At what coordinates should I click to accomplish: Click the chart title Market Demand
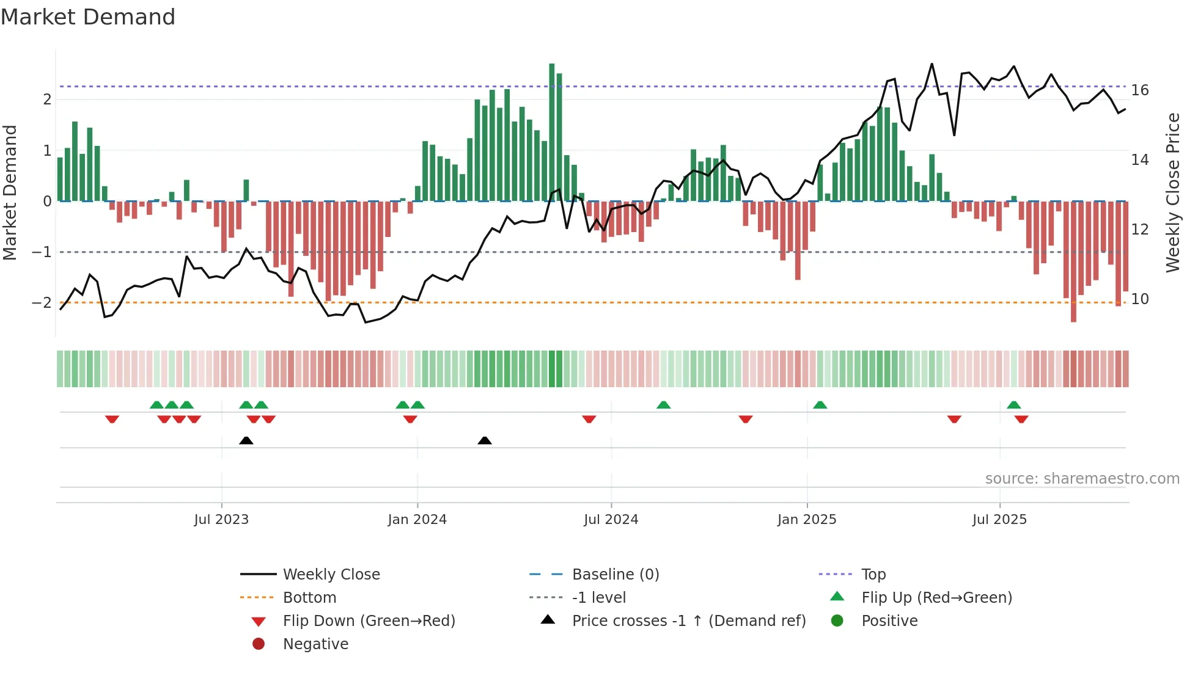pyautogui.click(x=88, y=17)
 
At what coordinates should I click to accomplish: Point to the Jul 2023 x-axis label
pyautogui.click(x=221, y=520)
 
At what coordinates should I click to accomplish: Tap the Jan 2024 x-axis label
pyautogui.click(x=417, y=520)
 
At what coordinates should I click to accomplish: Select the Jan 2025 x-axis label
pyautogui.click(x=807, y=520)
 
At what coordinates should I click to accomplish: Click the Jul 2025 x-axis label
pyautogui.click(x=1000, y=520)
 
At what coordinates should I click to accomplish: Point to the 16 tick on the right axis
pyautogui.click(x=1140, y=90)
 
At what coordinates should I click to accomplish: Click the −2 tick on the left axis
pyautogui.click(x=42, y=303)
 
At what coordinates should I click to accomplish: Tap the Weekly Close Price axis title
pyautogui.click(x=1172, y=192)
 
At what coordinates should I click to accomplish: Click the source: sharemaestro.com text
pyautogui.click(x=1082, y=479)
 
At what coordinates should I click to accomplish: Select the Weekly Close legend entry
pyautogui.click(x=331, y=575)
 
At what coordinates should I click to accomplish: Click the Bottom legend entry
pyautogui.click(x=309, y=598)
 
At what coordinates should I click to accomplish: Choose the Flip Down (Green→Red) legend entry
pyautogui.click(x=369, y=621)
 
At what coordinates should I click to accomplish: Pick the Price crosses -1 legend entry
pyautogui.click(x=688, y=621)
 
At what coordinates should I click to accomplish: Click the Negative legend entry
pyautogui.click(x=315, y=644)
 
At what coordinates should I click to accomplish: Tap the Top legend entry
pyautogui.click(x=873, y=575)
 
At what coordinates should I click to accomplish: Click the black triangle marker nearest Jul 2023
pyautogui.click(x=246, y=440)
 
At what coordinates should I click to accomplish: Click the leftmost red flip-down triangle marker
pyautogui.click(x=112, y=419)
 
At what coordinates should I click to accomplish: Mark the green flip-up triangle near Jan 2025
pyautogui.click(x=820, y=405)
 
